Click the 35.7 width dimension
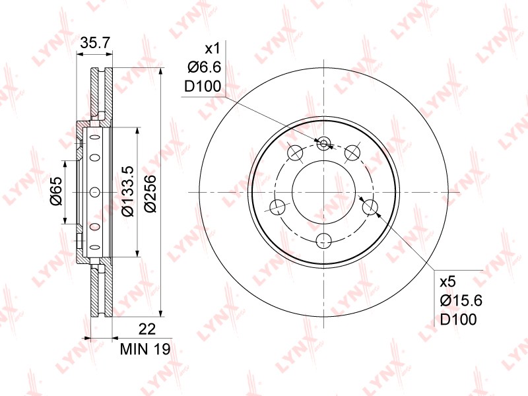tap(96, 43)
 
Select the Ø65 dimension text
tap(56, 191)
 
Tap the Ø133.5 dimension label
tap(128, 191)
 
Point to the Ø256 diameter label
tap(150, 193)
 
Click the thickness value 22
tap(147, 329)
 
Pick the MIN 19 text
tap(145, 349)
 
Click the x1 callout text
tap(213, 49)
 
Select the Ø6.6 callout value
tap(205, 68)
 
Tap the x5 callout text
tap(448, 282)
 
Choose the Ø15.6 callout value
tap(461, 300)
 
